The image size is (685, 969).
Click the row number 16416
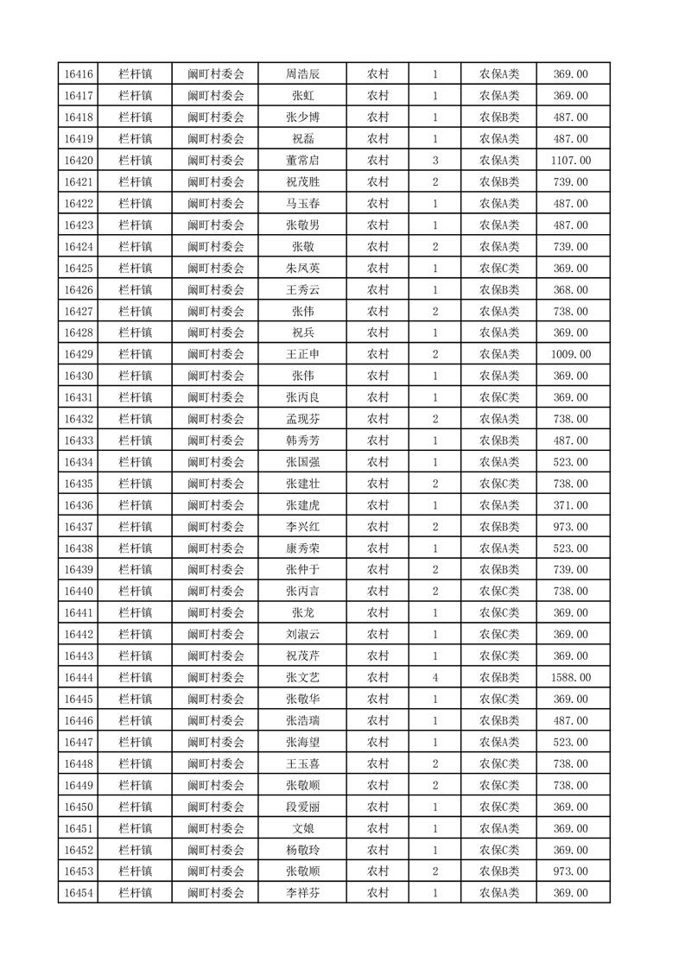tap(79, 74)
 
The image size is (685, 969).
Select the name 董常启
tap(302, 161)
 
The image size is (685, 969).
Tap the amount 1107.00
tap(570, 161)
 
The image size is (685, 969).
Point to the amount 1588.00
tap(570, 677)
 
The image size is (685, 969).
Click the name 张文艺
tap(302, 677)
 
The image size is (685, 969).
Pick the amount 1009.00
tap(570, 354)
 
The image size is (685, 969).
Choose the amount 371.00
tap(570, 505)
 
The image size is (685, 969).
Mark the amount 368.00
tap(570, 290)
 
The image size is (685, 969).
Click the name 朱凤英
tap(302, 269)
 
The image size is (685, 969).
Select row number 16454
tap(79, 893)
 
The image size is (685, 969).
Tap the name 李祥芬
tap(302, 893)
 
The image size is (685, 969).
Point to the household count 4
tap(434, 677)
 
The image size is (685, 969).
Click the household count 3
tap(434, 161)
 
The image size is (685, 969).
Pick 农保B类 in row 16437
tap(498, 527)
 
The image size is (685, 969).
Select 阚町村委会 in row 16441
tap(216, 612)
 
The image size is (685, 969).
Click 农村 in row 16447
tap(377, 742)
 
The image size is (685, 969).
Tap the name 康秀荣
tap(302, 548)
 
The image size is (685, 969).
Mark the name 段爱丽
tap(302, 807)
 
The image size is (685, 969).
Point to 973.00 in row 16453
tap(570, 871)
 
